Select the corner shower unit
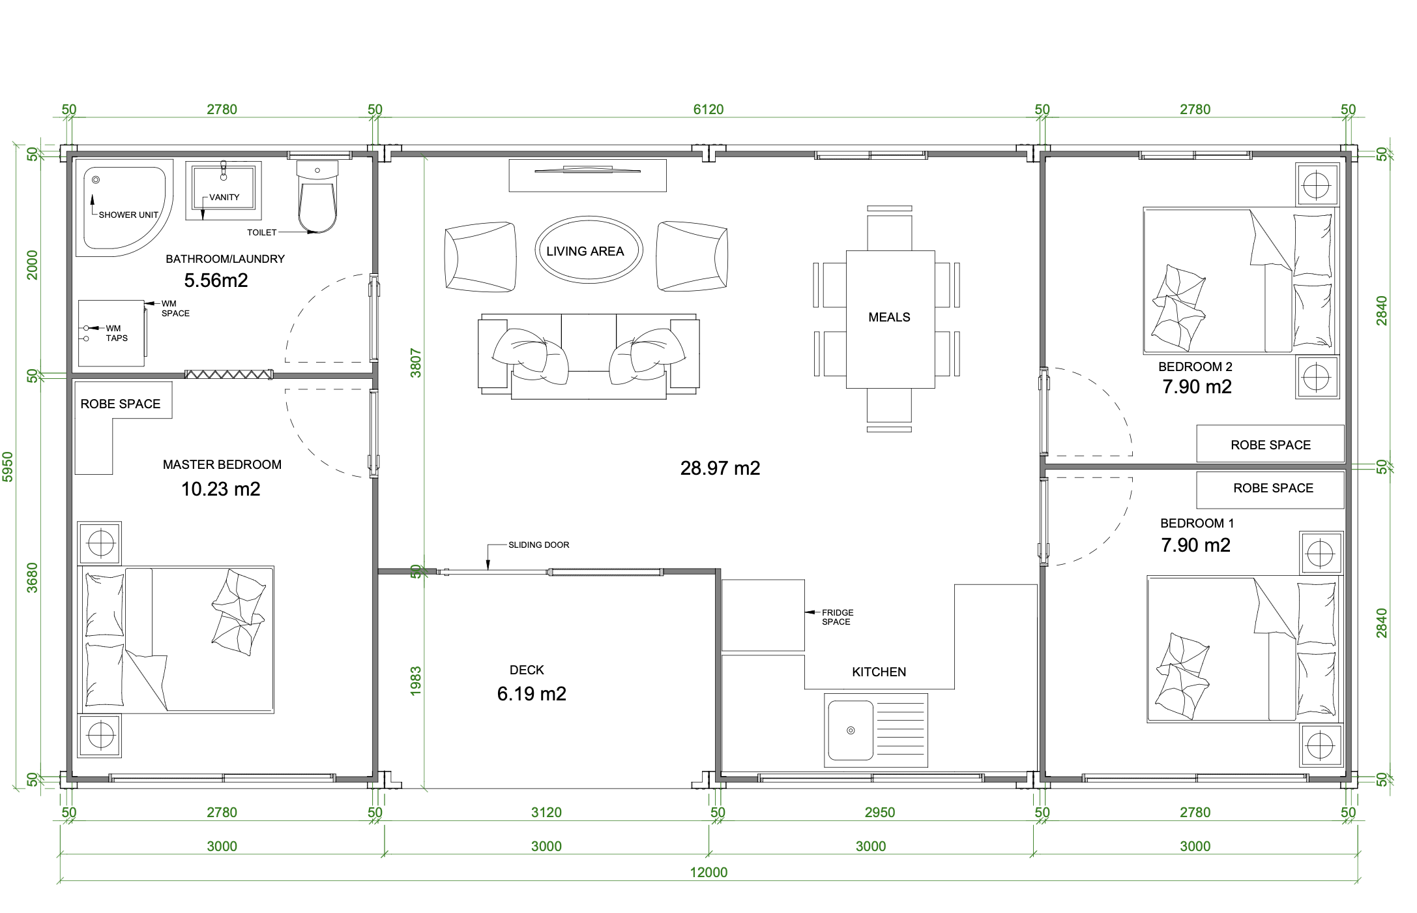124,207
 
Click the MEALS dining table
890,319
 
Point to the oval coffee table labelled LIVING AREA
589,250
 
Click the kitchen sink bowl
851,730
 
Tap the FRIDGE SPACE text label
838,617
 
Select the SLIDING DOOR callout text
538,545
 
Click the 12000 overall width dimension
708,873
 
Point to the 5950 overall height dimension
8,467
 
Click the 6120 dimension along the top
708,110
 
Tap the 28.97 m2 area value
720,468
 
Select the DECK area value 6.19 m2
531,694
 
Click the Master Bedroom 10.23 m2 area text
220,489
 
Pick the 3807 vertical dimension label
416,363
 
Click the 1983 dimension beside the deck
416,681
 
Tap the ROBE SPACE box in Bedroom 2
1270,443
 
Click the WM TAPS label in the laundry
117,333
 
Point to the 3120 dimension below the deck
546,813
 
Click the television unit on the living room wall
587,175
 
